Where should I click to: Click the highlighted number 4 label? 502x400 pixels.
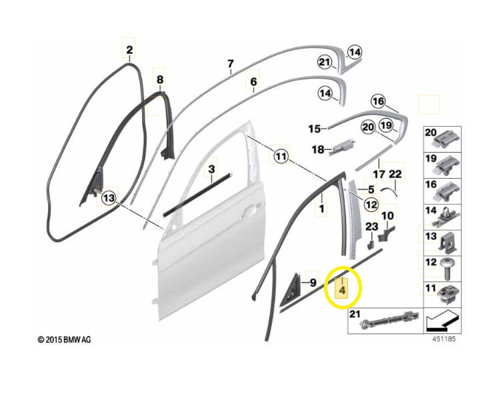(x=342, y=291)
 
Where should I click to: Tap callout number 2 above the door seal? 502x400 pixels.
(x=129, y=50)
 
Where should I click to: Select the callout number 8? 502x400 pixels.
(x=160, y=79)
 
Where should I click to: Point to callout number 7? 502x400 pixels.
(x=231, y=64)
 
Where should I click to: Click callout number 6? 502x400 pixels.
(x=253, y=81)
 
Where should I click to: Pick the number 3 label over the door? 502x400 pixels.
(x=211, y=169)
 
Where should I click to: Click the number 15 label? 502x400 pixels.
(x=315, y=129)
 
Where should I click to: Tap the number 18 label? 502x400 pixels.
(x=318, y=149)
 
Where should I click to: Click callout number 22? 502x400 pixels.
(x=395, y=174)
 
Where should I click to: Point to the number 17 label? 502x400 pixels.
(x=379, y=174)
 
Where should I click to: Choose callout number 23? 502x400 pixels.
(x=372, y=227)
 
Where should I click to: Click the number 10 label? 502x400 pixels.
(x=387, y=215)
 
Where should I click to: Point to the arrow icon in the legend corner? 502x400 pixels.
(x=441, y=321)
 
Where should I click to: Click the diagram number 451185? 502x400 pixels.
(x=444, y=339)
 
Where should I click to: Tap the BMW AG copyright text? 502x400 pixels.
(x=65, y=340)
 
